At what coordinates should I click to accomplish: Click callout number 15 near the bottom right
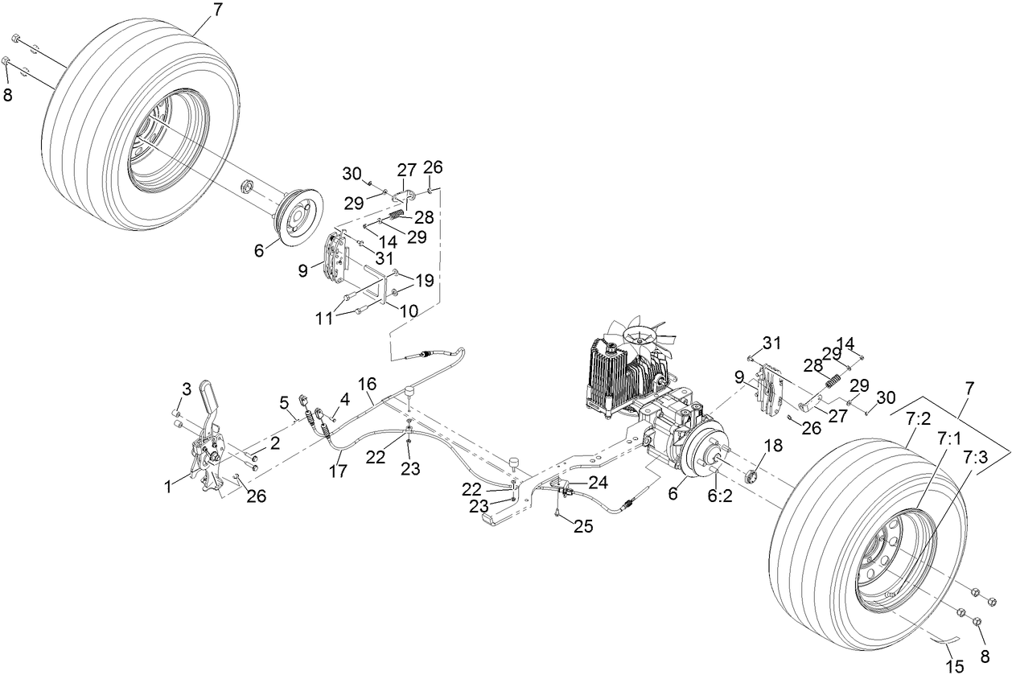tap(954, 667)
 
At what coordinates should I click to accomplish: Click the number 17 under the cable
tap(339, 471)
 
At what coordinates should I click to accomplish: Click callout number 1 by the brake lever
tap(168, 486)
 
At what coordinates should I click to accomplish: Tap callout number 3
tap(186, 390)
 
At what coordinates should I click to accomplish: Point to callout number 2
tap(274, 442)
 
